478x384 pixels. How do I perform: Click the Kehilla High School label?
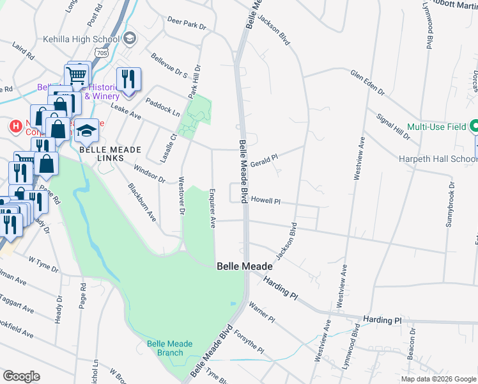[x=81, y=39]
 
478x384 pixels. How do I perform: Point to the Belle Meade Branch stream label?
[x=169, y=348]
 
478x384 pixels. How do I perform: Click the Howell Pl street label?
[x=266, y=200]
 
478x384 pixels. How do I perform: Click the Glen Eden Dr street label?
[x=367, y=83]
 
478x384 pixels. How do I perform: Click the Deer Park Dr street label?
[x=187, y=24]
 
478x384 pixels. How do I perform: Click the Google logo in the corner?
[x=21, y=376]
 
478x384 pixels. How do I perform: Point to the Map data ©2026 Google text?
[x=438, y=379]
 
